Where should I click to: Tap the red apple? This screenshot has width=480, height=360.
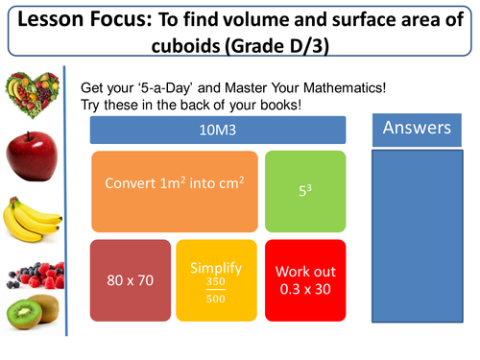click(29, 156)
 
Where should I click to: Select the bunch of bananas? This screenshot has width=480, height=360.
click(29, 222)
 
